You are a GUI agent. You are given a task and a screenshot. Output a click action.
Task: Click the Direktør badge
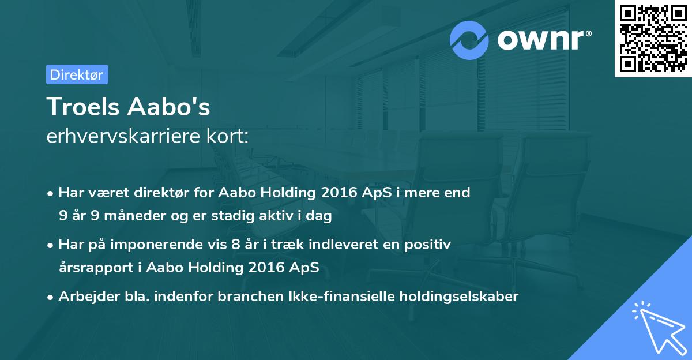point(77,74)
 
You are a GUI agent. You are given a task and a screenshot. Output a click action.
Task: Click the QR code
point(653,39)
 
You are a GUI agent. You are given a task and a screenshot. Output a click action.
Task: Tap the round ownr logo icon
point(469,40)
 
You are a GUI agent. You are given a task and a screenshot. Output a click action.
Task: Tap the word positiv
point(430,245)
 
